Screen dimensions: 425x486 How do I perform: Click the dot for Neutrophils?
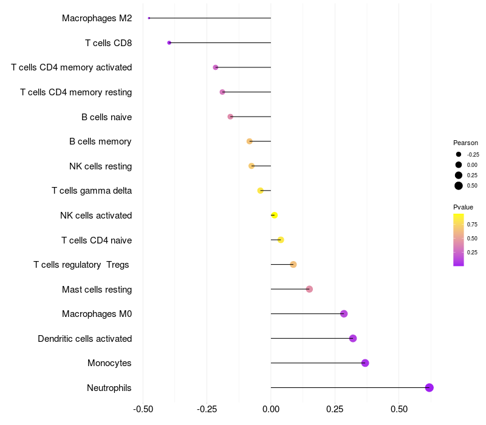click(429, 387)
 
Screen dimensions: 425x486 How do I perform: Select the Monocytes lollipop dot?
click(365, 363)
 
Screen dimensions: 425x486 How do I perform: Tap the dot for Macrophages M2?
click(149, 18)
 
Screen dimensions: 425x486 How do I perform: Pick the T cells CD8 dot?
click(169, 42)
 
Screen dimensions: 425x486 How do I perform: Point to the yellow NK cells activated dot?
click(274, 215)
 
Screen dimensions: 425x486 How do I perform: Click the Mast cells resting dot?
click(309, 289)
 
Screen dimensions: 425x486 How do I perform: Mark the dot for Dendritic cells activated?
click(353, 338)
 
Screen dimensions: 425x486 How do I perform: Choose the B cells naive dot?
click(230, 117)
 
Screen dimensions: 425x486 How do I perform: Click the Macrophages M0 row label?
click(97, 314)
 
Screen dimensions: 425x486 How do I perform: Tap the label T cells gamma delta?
click(92, 191)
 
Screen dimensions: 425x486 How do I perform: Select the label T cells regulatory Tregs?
click(81, 265)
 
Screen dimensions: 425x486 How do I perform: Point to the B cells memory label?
click(100, 141)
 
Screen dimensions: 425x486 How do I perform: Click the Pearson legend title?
click(465, 143)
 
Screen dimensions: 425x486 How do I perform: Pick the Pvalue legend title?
click(463, 207)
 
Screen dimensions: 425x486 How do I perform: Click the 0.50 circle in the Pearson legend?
click(459, 186)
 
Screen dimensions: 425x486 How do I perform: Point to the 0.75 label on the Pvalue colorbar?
click(472, 224)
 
